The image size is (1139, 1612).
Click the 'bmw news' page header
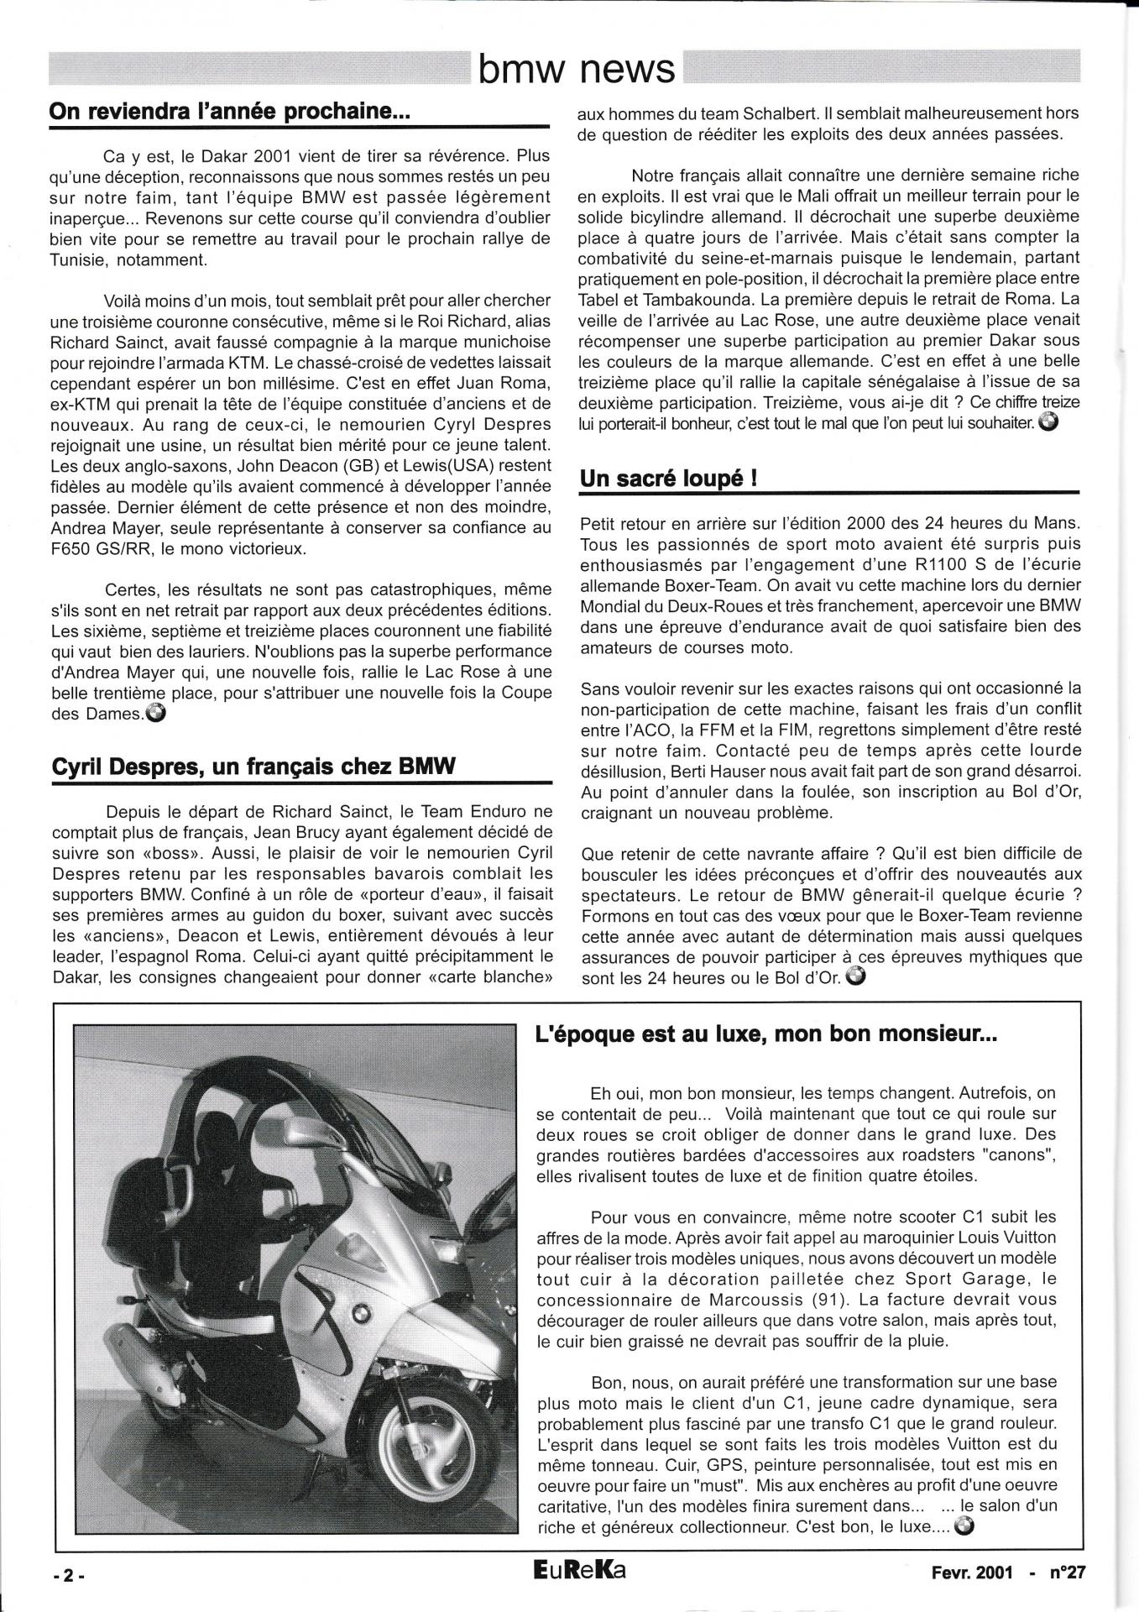(x=576, y=70)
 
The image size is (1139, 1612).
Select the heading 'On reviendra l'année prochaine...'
(x=228, y=112)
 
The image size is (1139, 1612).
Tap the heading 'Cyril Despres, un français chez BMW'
(x=253, y=766)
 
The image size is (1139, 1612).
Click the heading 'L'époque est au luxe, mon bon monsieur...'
(x=765, y=1035)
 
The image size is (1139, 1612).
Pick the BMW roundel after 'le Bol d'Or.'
(x=857, y=977)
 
